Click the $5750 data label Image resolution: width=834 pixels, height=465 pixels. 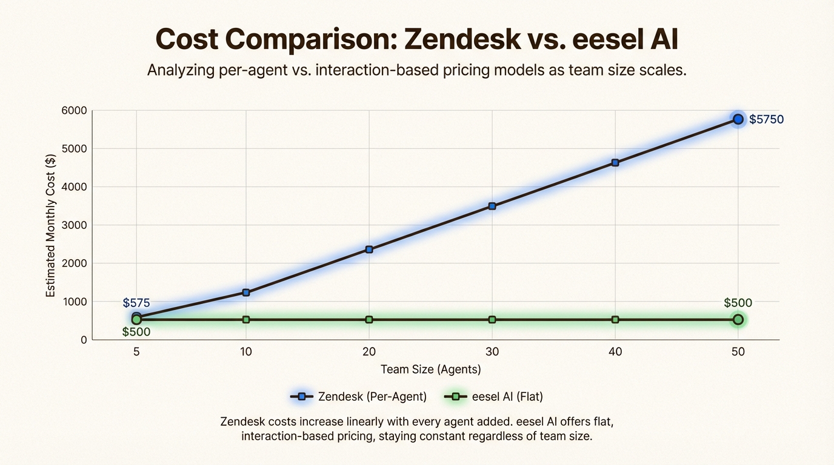(766, 120)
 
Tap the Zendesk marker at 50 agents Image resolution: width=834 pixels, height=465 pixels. (738, 119)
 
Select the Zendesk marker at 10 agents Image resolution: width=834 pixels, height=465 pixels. (246, 292)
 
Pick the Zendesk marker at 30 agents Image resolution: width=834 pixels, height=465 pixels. (492, 206)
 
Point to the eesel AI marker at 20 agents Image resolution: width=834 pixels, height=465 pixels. (369, 320)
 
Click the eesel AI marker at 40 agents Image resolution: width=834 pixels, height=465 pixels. (615, 320)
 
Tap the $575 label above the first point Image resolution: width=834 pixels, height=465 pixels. (136, 303)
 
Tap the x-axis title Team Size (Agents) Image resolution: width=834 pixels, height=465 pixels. (430, 369)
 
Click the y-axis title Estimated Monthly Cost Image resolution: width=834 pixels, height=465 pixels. (51, 225)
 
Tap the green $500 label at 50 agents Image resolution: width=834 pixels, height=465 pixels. (738, 303)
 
